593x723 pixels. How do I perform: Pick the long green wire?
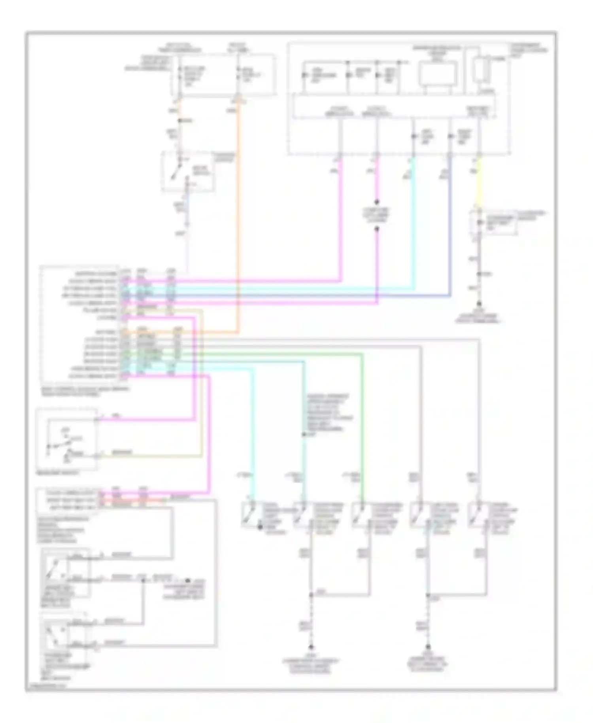click(x=362, y=415)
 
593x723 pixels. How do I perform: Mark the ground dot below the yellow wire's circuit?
click(x=479, y=304)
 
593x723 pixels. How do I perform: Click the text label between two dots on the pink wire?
click(x=376, y=214)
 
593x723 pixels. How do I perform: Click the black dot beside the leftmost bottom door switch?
click(x=260, y=527)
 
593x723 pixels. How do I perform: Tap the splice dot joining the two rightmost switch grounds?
click(x=428, y=595)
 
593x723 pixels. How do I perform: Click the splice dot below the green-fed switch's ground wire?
click(x=311, y=595)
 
